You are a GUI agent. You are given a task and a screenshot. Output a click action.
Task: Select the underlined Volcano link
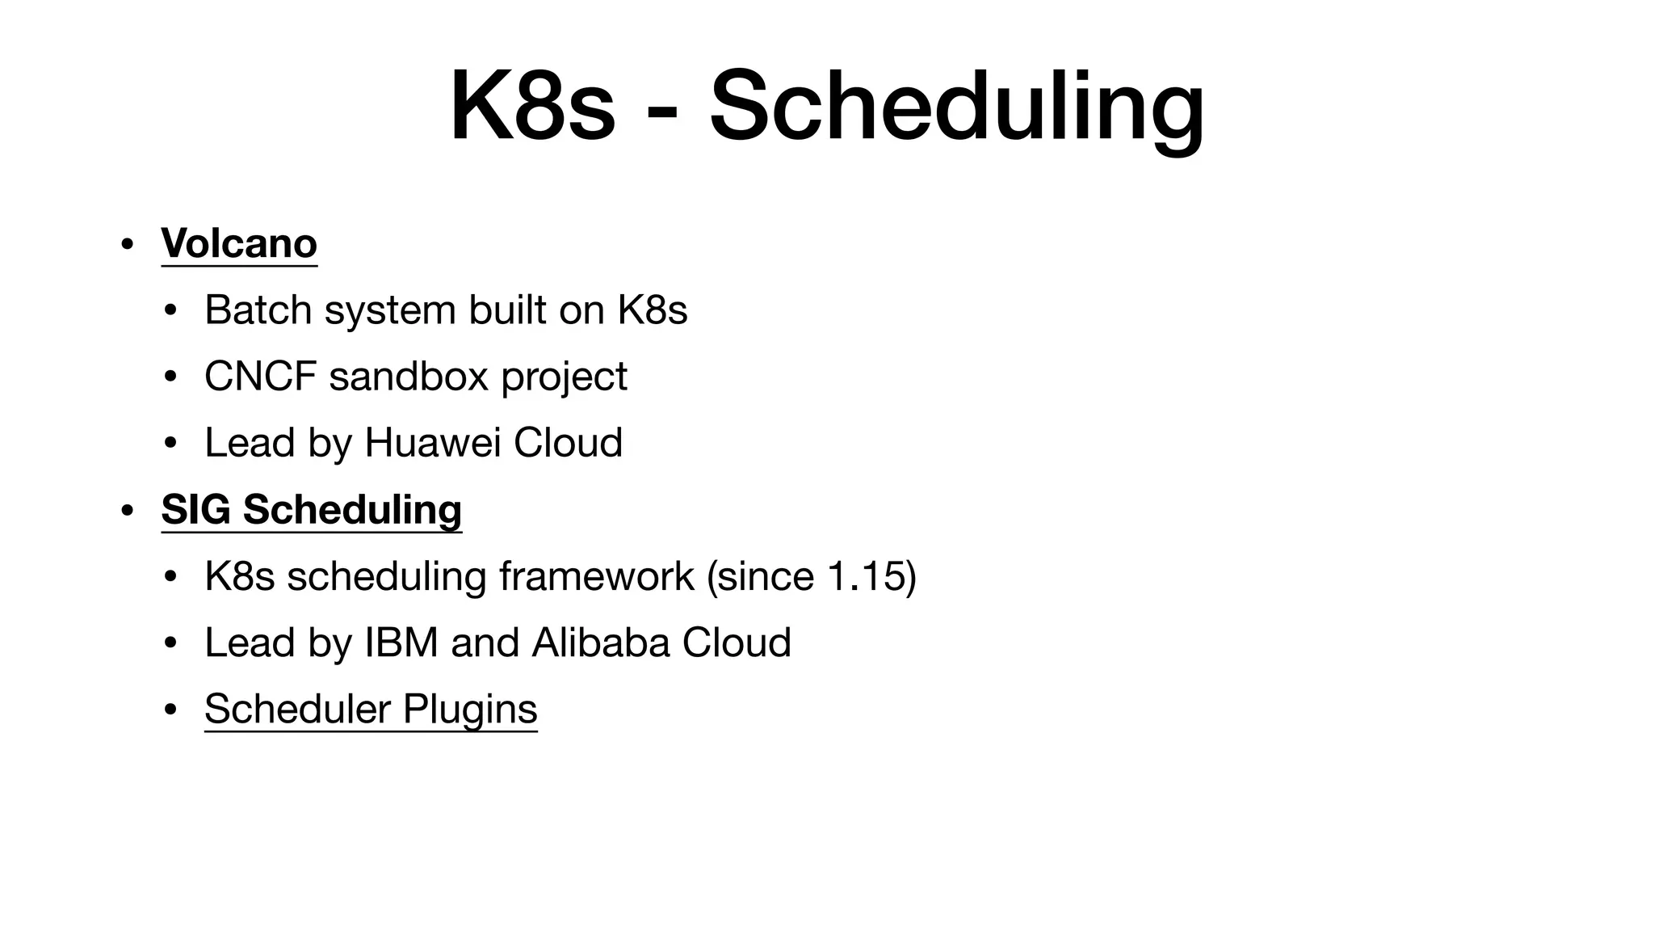239,242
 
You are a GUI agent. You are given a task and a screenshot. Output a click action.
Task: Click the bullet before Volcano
126,244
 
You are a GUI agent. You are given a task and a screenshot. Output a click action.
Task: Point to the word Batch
258,310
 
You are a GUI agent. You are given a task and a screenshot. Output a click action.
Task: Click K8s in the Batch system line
653,310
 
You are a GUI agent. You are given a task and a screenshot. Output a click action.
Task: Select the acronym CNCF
260,376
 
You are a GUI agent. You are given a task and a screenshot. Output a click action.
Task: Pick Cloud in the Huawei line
568,442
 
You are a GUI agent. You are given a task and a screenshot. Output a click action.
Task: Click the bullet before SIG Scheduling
126,511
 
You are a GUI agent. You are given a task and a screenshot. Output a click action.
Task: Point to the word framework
596,575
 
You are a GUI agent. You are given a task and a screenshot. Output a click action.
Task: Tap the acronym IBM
401,642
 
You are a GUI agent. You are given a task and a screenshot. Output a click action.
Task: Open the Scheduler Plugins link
371,709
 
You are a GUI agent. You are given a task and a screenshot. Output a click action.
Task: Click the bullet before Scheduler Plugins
170,710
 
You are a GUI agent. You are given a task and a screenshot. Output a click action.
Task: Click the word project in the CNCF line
564,377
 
